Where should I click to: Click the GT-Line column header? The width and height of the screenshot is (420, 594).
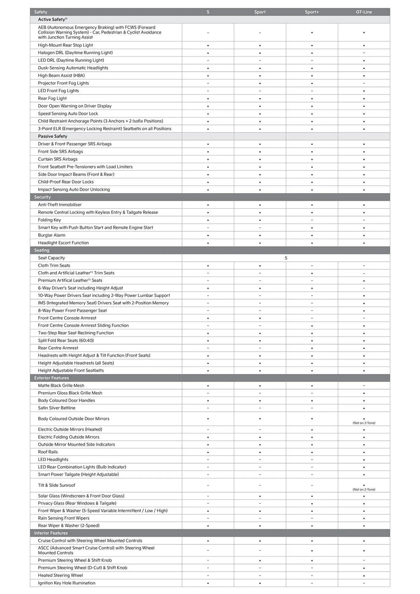364,12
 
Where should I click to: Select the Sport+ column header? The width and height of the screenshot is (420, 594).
312,12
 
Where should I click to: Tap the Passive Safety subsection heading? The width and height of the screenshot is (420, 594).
53,136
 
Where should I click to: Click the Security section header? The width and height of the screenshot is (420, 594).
42,197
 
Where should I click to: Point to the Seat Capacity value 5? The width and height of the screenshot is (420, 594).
286,258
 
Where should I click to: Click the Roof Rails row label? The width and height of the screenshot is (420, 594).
48,452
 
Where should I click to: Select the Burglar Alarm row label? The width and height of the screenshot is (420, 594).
51,235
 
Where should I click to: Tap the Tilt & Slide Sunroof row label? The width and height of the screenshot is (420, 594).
56,485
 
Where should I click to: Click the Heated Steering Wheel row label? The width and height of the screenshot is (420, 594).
60,575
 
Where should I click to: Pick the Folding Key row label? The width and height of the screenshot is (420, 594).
49,220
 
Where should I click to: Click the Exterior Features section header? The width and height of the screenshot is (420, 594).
51,378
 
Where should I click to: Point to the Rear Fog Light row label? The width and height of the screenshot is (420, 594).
52,98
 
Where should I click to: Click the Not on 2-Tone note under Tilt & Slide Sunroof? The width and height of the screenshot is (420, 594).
364,489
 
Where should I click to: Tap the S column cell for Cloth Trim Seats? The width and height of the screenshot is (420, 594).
208,266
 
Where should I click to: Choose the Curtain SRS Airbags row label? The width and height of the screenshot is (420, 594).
58,159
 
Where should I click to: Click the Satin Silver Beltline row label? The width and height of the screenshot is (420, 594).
56,408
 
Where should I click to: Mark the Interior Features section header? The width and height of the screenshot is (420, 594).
51,533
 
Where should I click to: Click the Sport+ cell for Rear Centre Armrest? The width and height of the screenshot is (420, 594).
312,348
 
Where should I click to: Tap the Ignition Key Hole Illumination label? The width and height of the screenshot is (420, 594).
67,583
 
